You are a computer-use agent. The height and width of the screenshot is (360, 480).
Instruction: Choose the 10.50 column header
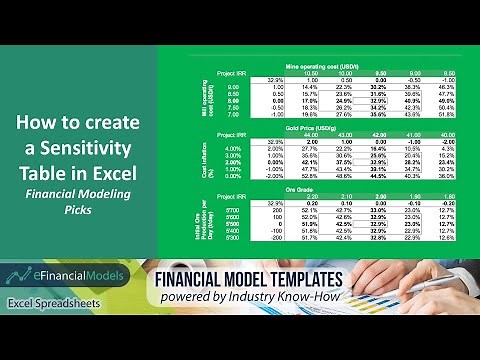(x=309, y=73)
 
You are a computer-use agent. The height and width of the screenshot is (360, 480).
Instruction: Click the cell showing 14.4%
(x=309, y=89)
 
